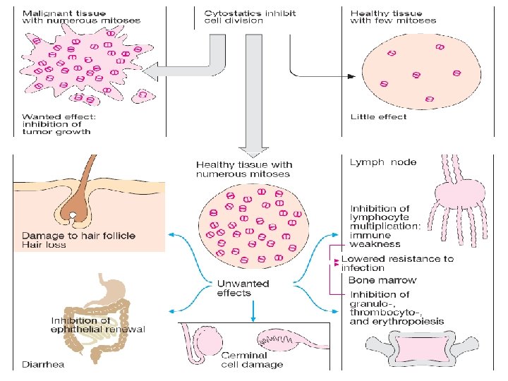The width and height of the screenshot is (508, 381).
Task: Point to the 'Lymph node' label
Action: click(383, 162)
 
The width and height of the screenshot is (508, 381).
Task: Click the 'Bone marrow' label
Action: click(383, 280)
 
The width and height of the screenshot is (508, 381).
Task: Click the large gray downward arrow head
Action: click(251, 149)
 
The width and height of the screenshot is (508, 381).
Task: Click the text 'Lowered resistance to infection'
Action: click(397, 263)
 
